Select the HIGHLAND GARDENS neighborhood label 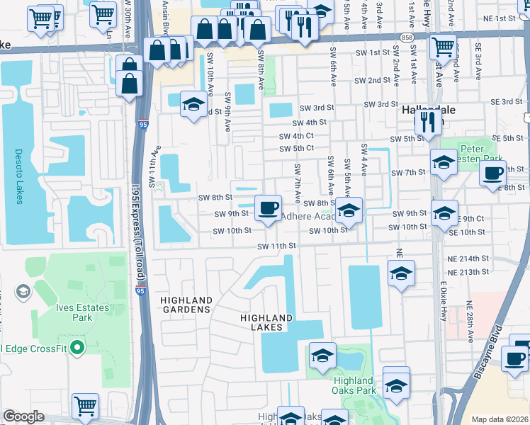tap(186, 305)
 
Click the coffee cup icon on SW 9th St tap(268, 208)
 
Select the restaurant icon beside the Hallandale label tap(427, 121)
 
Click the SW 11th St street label tap(276, 245)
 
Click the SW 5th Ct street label tap(296, 149)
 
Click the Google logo tap(23, 416)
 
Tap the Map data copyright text tap(500, 419)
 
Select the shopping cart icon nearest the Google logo tap(86, 406)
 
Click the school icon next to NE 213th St tap(400, 273)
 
